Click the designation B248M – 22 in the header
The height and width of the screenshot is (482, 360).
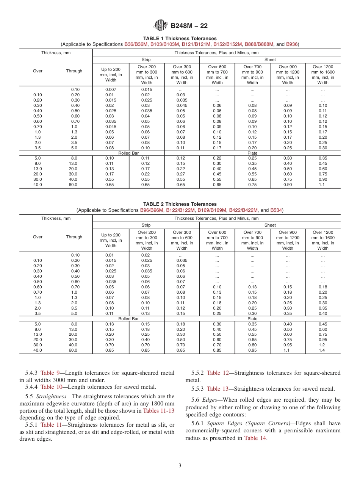pos(189,26)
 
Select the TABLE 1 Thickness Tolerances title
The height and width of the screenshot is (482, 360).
pos(180,39)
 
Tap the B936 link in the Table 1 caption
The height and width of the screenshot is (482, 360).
pos(292,44)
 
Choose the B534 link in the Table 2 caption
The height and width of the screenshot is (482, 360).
pos(276,210)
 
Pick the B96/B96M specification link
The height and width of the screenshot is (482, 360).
pos(152,210)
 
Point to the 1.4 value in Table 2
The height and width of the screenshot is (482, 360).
pos(322,351)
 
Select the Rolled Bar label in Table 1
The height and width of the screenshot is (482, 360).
pos(128,153)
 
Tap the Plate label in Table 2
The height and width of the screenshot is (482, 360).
pos(252,319)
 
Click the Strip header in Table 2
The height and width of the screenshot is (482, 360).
pos(146,225)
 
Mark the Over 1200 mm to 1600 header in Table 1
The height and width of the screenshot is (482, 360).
pos(322,75)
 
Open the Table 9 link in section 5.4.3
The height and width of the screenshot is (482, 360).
pos(50,373)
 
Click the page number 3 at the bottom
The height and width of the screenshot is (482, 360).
pos(180,465)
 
